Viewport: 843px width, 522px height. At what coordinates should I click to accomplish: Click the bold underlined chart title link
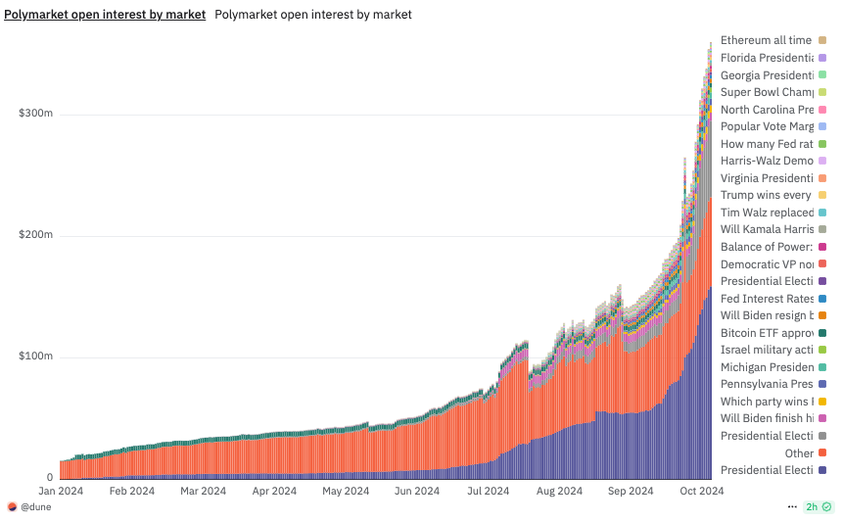[x=105, y=15]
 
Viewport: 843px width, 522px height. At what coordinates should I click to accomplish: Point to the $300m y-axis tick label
[x=35, y=115]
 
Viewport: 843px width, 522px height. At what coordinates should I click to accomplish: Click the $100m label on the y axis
[x=35, y=357]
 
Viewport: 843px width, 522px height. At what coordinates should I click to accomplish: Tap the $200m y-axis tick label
[x=35, y=236]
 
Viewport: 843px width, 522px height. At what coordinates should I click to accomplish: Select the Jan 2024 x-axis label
[x=60, y=491]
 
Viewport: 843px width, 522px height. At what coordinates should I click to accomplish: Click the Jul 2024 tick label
[x=488, y=491]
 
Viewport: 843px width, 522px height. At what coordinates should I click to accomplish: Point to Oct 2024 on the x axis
[x=702, y=491]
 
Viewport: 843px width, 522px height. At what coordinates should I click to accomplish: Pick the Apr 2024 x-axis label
[x=274, y=491]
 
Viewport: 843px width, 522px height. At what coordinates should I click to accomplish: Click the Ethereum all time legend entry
[x=766, y=40]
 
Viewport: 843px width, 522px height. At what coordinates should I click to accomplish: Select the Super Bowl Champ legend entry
[x=766, y=92]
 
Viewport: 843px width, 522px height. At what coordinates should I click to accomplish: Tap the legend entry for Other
[x=799, y=453]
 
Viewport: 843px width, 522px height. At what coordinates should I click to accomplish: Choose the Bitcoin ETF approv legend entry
[x=766, y=333]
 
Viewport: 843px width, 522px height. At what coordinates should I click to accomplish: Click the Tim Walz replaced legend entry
[x=766, y=213]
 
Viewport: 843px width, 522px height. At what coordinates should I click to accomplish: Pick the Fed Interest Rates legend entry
[x=766, y=299]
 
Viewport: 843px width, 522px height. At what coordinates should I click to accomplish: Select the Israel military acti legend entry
[x=766, y=350]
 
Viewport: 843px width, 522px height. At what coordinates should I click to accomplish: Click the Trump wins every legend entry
[x=766, y=195]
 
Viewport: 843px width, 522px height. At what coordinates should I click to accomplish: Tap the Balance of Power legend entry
[x=766, y=247]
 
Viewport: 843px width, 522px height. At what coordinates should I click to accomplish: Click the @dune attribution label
[x=35, y=507]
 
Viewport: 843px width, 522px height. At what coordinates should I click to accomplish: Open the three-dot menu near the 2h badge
[x=792, y=507]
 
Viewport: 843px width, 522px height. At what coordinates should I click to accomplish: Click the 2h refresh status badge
[x=818, y=507]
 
